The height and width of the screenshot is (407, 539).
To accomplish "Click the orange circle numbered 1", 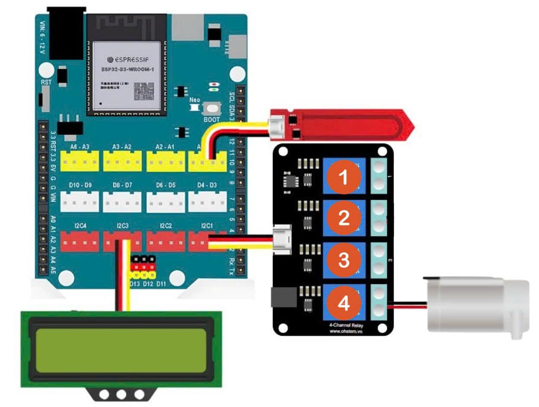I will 344,178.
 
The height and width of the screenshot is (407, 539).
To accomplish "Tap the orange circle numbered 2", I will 344,219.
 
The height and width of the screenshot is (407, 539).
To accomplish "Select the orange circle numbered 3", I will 344,261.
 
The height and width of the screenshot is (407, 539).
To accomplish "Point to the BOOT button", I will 212,108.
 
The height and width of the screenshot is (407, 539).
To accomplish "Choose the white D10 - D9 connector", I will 80,201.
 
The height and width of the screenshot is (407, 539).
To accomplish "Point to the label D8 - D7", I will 122,185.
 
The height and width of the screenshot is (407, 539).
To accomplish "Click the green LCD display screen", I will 121,350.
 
